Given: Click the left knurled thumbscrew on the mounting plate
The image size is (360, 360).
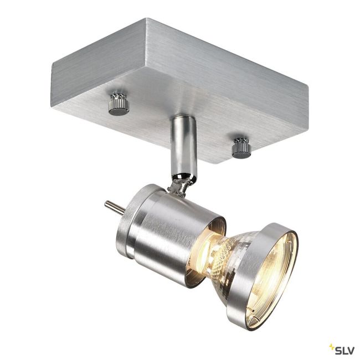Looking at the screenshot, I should coord(119,104).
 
